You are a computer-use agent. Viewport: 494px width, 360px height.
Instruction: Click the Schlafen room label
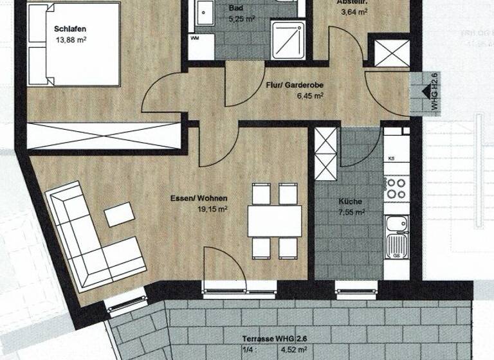click(x=71, y=29)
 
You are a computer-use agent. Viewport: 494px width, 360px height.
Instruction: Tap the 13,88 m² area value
click(x=71, y=40)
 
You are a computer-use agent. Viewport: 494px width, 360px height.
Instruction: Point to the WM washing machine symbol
click(x=195, y=39)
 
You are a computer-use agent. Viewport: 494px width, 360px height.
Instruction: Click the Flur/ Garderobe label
click(x=294, y=84)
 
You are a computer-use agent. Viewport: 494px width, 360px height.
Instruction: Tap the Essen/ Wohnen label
click(x=203, y=199)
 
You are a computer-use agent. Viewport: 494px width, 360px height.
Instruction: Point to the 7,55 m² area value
click(x=351, y=212)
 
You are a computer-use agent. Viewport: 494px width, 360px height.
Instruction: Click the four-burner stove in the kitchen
click(x=396, y=188)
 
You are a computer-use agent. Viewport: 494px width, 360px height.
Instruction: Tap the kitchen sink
click(x=396, y=234)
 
